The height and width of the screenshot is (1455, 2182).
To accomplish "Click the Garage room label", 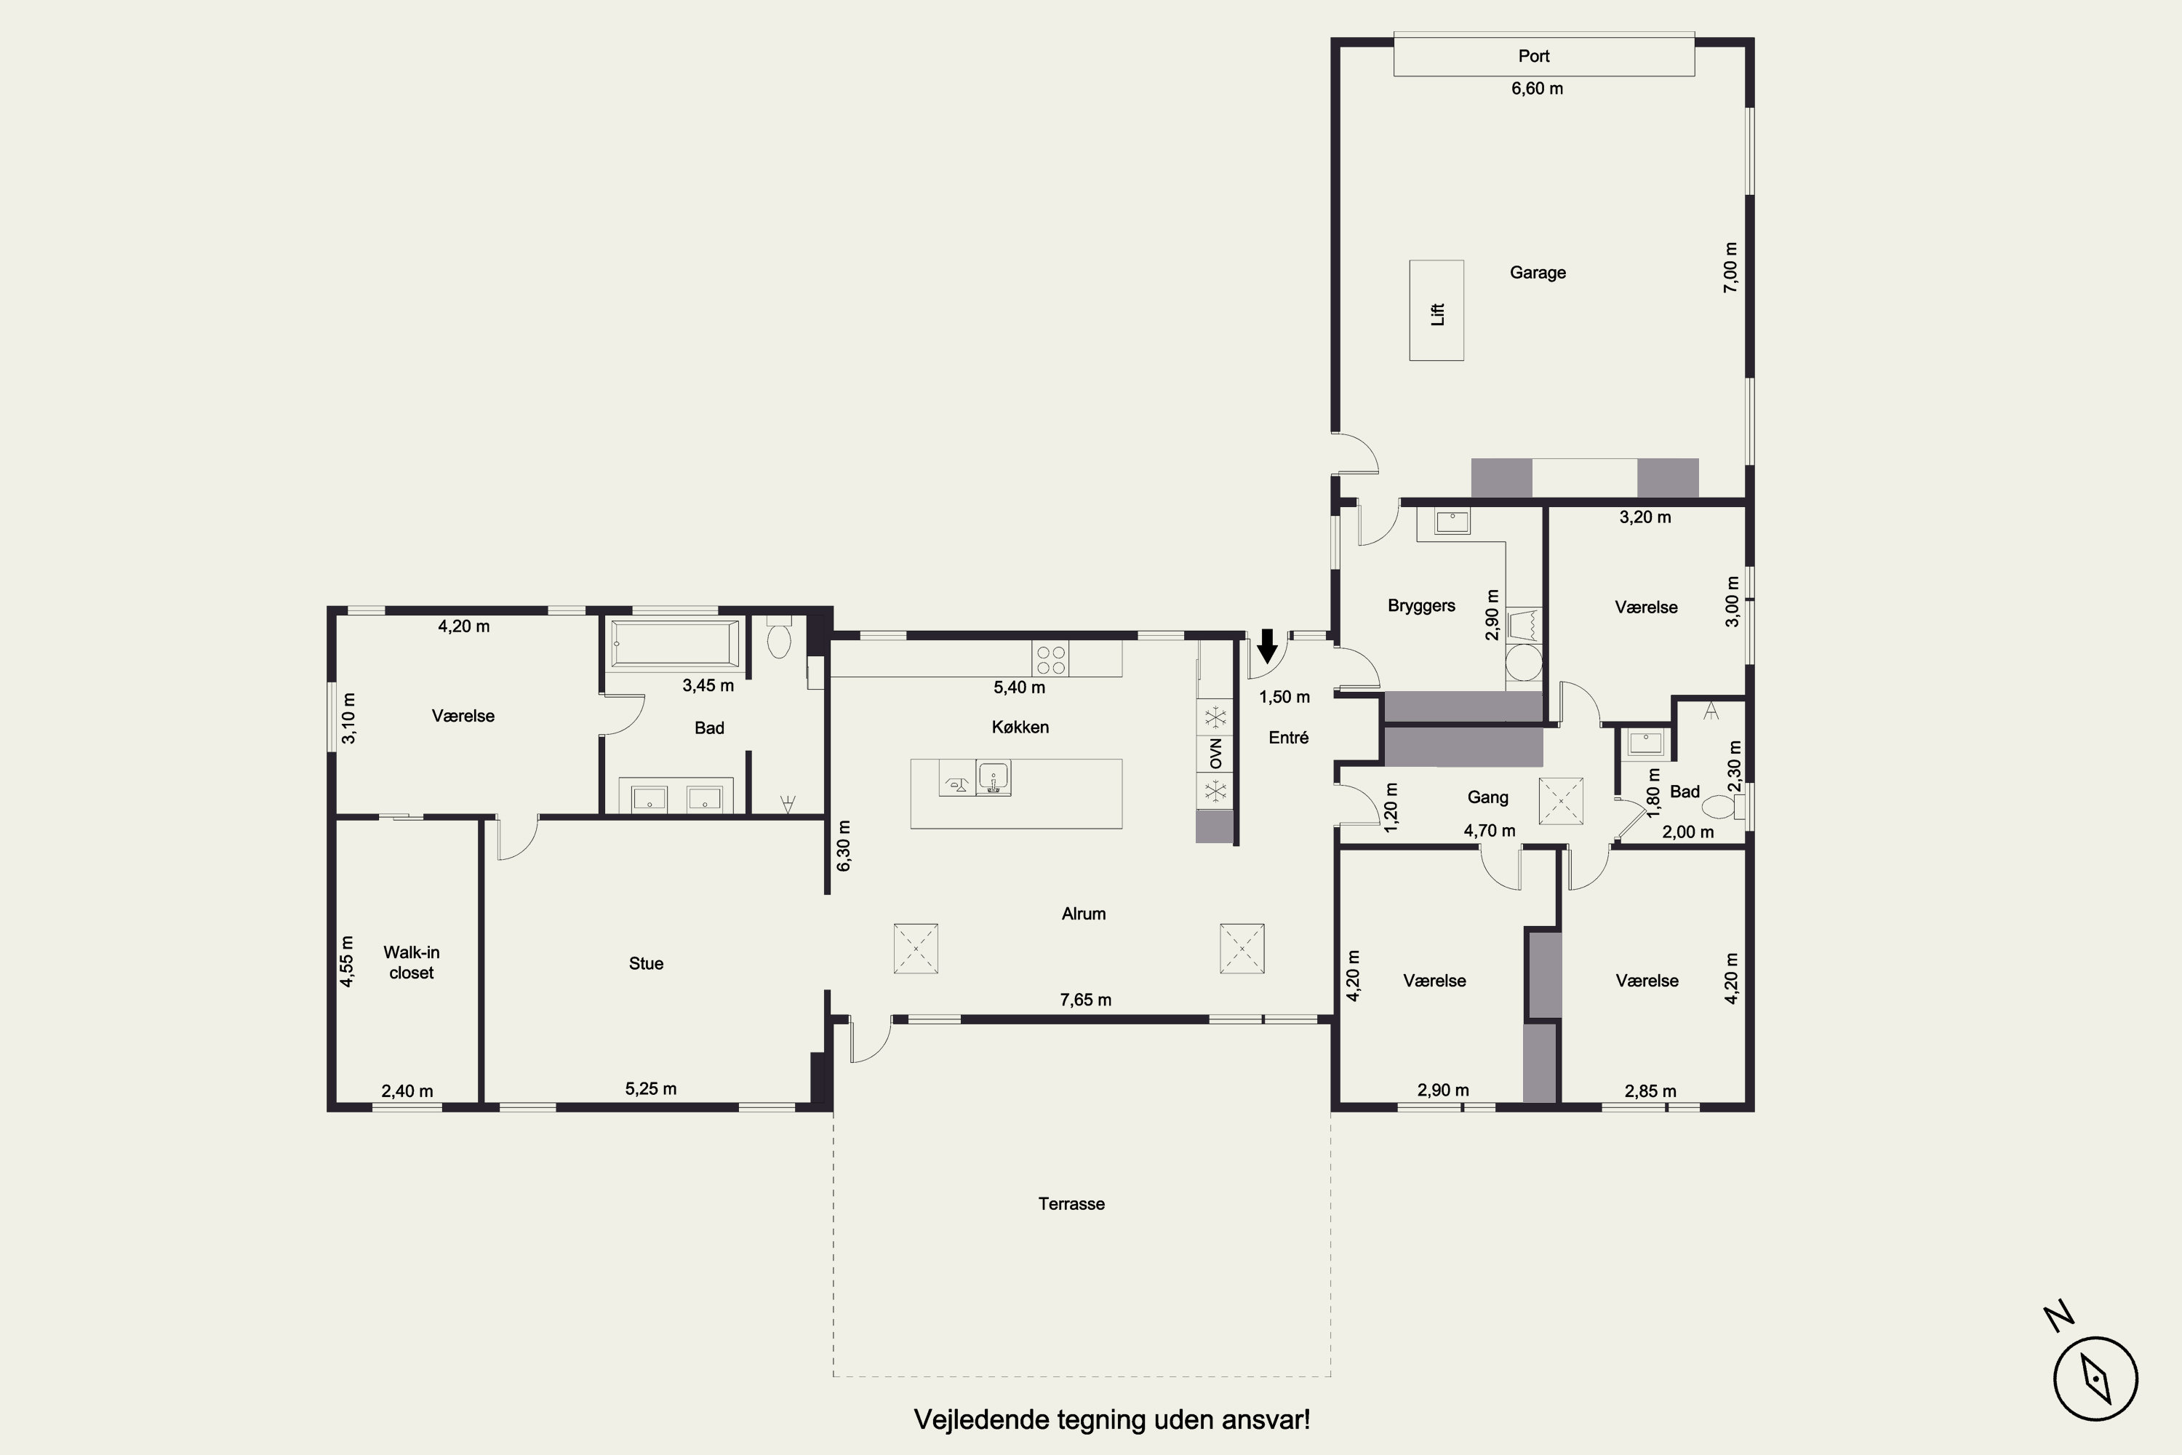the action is (x=1538, y=273).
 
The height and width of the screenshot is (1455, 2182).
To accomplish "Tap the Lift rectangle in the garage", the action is (x=1436, y=310).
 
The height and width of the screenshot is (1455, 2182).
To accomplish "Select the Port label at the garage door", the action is (x=1533, y=56).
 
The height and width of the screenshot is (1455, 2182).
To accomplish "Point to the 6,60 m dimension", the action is (x=1538, y=88).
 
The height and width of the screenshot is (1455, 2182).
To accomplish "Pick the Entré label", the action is (x=1289, y=738).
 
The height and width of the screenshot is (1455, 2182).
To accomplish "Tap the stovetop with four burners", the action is (x=1050, y=658).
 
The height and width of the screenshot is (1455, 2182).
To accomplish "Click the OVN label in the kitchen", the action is (x=1215, y=752).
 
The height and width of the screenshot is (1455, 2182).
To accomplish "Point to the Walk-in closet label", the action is (x=411, y=962).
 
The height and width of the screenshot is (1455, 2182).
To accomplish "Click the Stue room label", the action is (x=646, y=963).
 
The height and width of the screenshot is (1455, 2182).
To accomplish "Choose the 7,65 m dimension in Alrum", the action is (x=1085, y=1000).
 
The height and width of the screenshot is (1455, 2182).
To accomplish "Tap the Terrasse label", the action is (x=1071, y=1203).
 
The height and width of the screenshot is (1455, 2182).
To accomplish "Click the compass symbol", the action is (x=2095, y=1379).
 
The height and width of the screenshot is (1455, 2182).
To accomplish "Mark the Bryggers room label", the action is (x=1421, y=606).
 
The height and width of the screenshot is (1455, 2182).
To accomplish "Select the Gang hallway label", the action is (x=1487, y=797).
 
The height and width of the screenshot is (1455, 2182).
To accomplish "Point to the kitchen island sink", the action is (x=994, y=778).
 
